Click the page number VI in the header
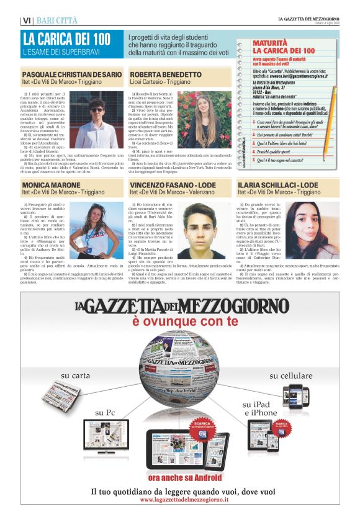pyautogui.click(x=27, y=20)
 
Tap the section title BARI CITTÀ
pyautogui.click(x=56, y=20)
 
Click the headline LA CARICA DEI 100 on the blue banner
pyautogui.click(x=66, y=38)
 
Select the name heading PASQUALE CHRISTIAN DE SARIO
pyautogui.click(x=71, y=74)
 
